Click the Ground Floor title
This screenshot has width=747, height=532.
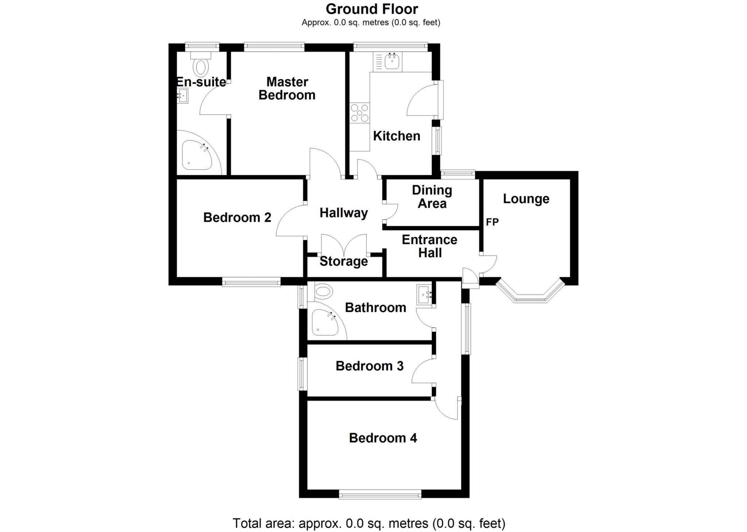[372, 9]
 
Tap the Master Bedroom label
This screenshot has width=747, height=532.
[287, 88]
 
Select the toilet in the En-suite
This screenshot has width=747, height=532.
[201, 64]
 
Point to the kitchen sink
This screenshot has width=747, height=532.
[392, 62]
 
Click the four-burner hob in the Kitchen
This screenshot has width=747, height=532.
[360, 113]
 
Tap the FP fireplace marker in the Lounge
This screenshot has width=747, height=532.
[492, 222]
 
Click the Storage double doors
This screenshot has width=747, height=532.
[344, 244]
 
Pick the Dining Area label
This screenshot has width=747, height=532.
[432, 197]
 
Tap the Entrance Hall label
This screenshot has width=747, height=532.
[430, 246]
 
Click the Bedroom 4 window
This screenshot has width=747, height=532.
[380, 495]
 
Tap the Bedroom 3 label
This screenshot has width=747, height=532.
[369, 366]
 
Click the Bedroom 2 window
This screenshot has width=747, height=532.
[251, 281]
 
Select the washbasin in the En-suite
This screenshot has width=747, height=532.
[182, 96]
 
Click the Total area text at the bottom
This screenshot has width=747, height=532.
[369, 523]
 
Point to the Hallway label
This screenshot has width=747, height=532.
[344, 213]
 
